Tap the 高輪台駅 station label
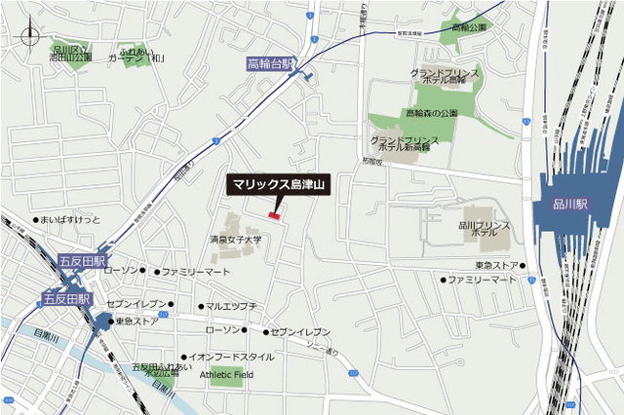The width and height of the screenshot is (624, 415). pos(270,63)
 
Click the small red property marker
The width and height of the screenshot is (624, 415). pos(274,215)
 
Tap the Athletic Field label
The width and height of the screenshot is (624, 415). pos(225,374)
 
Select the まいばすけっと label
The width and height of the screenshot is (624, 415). pos(71,220)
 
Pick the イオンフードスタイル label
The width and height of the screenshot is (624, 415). pos(231,358)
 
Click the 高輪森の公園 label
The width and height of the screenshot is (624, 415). pos(431,113)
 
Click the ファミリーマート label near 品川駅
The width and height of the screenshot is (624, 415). pos(482,280)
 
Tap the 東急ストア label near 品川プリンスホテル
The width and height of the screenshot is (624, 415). pos(496,265)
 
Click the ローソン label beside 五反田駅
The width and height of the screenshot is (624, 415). pos(121,270)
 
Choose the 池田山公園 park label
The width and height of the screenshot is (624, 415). pos(71,54)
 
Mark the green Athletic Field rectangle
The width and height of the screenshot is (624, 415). pos(225,376)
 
